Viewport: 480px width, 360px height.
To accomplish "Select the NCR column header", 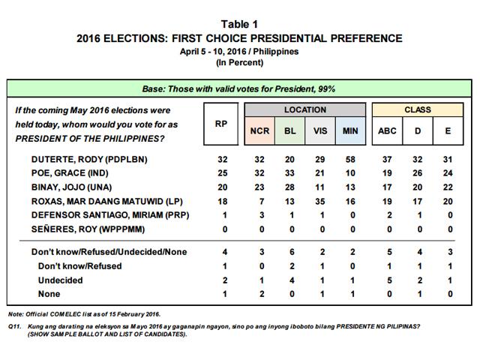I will pyautogui.click(x=256, y=130).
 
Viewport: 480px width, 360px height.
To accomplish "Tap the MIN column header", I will pyautogui.click(x=351, y=130).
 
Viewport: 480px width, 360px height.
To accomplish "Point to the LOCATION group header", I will pyautogui.click(x=304, y=110).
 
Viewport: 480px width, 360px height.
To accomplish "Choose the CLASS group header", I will pyautogui.click(x=417, y=110).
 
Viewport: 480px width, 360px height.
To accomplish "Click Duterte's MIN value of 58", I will pyautogui.click(x=351, y=160).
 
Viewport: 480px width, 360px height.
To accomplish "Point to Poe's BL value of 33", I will pyautogui.click(x=289, y=172).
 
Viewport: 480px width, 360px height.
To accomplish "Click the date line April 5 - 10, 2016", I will pyautogui.click(x=240, y=51).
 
